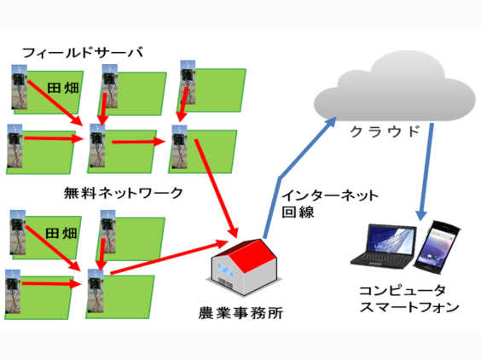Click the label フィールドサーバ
pyautogui.click(x=83, y=53)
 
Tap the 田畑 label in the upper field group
pyautogui.click(x=63, y=88)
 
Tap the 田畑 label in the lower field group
pyautogui.click(x=61, y=233)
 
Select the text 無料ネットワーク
pyautogui.click(x=124, y=193)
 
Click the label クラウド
pyautogui.click(x=385, y=131)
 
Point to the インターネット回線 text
pyautogui.click(x=330, y=204)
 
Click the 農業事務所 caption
pyautogui.click(x=240, y=313)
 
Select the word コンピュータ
pyautogui.click(x=403, y=290)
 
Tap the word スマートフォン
pyautogui.click(x=409, y=307)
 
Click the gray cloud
pyautogui.click(x=394, y=89)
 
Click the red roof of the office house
pyautogui.click(x=250, y=255)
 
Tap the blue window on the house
pyautogui.click(x=226, y=270)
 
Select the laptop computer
pyautogui.click(x=384, y=247)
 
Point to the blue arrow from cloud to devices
pyautogui.click(x=426, y=171)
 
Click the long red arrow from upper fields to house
pyautogui.click(x=217, y=189)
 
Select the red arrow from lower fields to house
pyautogui.click(x=170, y=257)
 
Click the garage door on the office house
pyautogui.click(x=226, y=283)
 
